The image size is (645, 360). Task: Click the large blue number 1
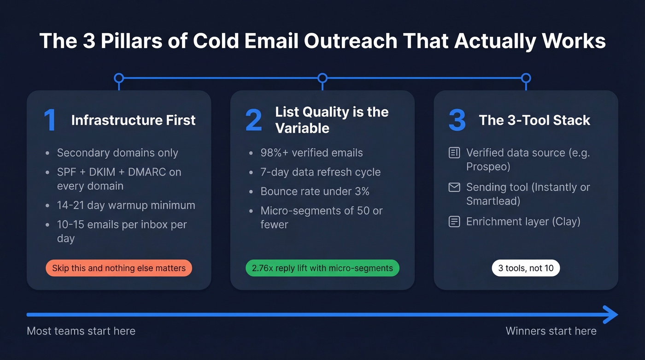[50, 120]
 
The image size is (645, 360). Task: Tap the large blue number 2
[253, 120]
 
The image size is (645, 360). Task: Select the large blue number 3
[457, 120]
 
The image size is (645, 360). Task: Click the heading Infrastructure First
[133, 120]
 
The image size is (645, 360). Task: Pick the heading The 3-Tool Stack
[534, 120]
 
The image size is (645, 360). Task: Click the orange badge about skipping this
[118, 268]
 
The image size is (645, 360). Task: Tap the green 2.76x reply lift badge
[322, 268]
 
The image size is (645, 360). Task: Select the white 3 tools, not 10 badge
[526, 268]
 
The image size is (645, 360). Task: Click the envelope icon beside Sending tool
[454, 187]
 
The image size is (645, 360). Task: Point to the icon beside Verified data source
[454, 153]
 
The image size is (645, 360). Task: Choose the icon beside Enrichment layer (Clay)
[454, 222]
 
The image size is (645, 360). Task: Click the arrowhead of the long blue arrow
[611, 315]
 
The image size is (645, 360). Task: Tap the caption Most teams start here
[81, 331]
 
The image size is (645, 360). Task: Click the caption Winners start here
[551, 331]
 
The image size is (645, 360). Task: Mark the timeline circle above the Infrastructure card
[119, 78]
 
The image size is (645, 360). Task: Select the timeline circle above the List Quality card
[322, 78]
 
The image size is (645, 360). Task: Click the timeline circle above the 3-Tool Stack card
[526, 78]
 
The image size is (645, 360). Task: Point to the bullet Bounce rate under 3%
[315, 191]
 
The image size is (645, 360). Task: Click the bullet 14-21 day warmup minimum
[126, 205]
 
